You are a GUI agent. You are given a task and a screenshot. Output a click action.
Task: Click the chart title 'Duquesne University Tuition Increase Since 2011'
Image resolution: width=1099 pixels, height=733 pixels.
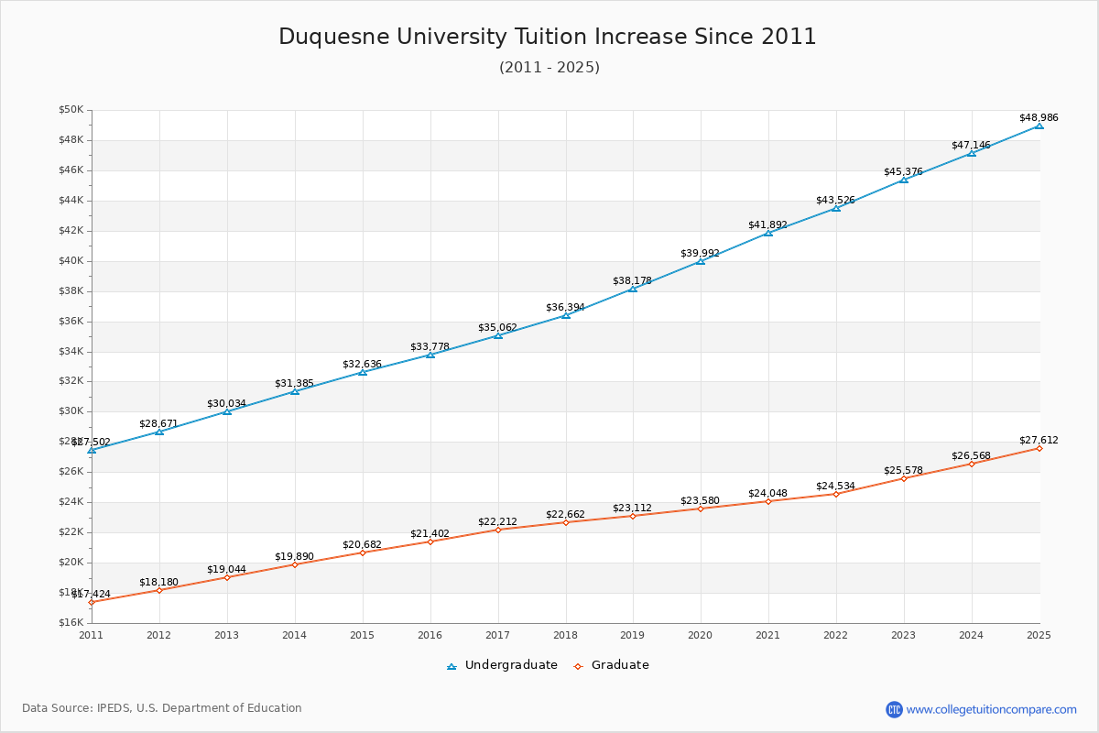[x=548, y=37]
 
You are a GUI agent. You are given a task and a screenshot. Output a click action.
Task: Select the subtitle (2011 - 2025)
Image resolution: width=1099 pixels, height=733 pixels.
[x=549, y=68]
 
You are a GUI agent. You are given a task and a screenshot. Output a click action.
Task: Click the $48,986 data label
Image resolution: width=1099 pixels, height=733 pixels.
[x=1039, y=117]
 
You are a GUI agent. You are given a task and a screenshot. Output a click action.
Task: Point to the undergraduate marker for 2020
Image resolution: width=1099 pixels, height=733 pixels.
[x=701, y=261]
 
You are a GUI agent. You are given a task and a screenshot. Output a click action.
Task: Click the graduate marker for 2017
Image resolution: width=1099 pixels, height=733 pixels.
[x=498, y=530]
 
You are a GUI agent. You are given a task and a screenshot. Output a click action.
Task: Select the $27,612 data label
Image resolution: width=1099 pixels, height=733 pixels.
[x=1039, y=440]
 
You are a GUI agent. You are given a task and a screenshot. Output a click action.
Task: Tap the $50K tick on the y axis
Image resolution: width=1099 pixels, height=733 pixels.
[x=71, y=110]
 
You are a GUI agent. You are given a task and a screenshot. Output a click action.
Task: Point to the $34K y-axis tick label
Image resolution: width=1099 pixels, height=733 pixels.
[x=71, y=351]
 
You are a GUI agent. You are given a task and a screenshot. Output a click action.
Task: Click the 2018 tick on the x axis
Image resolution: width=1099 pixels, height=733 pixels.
[x=565, y=634]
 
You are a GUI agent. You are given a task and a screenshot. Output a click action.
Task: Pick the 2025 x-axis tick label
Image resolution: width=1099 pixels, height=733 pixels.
[x=1039, y=634]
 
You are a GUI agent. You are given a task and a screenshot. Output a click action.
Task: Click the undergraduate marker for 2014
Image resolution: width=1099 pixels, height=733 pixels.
[x=295, y=391]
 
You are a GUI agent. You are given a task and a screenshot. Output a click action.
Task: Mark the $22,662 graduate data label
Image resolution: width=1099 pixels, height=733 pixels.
[x=565, y=514]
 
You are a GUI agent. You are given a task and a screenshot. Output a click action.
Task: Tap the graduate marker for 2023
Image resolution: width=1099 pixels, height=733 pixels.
[x=904, y=478]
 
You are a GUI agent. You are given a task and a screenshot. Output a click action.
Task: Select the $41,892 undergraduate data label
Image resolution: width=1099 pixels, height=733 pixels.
[x=767, y=224]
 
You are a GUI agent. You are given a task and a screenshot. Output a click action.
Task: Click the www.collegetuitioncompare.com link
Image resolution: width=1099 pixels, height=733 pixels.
[x=991, y=709]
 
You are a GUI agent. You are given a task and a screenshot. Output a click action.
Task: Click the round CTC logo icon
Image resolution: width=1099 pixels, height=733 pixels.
[x=894, y=709]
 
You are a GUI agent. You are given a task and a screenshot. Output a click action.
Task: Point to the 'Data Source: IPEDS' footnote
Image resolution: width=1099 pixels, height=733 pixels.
[x=162, y=708]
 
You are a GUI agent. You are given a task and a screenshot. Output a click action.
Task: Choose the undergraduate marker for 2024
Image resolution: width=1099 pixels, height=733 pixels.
[x=972, y=153]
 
